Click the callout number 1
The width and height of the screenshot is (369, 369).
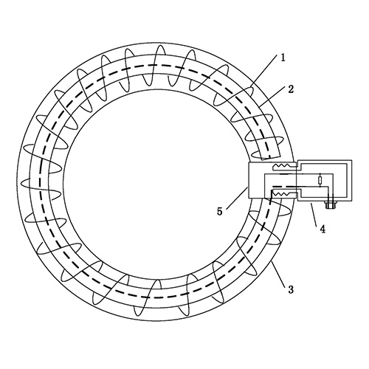(283, 58)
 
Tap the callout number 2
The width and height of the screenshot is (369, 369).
(291, 89)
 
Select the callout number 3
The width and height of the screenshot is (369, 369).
(291, 289)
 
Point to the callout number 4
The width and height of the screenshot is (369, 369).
(323, 230)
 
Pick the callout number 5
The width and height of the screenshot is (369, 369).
(220, 211)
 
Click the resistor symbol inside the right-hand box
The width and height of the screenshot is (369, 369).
(320, 181)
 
